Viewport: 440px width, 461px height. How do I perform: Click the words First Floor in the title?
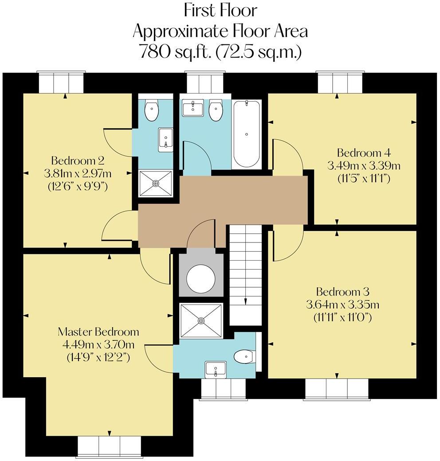[220, 11]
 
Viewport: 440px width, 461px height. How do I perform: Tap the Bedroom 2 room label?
[78, 161]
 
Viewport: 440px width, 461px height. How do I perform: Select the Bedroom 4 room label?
[364, 153]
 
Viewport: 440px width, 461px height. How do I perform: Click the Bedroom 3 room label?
[343, 292]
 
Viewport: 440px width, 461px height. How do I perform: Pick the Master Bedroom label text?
[98, 332]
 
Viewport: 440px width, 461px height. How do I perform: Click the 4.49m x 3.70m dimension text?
[98, 344]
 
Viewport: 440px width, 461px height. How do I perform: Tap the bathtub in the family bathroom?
[247, 135]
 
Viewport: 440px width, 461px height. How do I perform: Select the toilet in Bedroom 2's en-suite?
[152, 110]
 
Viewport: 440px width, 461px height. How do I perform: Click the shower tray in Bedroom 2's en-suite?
[156, 183]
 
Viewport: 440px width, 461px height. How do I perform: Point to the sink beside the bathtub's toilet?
[192, 108]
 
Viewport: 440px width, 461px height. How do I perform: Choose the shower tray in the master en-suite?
[201, 320]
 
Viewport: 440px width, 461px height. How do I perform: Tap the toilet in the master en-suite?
[245, 357]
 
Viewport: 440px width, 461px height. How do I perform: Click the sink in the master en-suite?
[216, 370]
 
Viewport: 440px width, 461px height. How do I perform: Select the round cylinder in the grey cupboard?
[201, 278]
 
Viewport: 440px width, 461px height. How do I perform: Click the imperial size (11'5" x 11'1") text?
[364, 179]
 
